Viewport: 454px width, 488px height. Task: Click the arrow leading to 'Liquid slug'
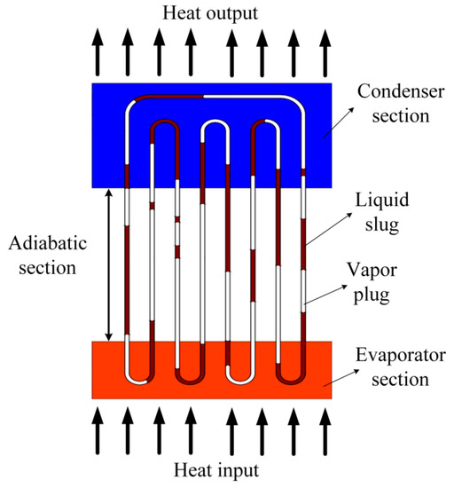coord(327,233)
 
